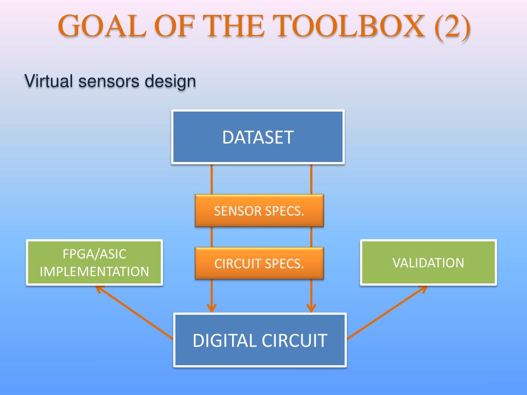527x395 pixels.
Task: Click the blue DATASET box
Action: point(258,137)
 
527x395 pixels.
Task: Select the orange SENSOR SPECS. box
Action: point(259,210)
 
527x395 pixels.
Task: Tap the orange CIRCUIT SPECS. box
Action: point(259,263)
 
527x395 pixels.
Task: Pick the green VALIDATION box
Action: point(428,262)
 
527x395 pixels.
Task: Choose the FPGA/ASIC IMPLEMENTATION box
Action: point(94,262)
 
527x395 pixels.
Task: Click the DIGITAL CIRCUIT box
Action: point(260,340)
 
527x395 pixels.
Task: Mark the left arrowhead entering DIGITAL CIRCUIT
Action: point(212,308)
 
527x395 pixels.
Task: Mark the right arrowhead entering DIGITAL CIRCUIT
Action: point(311,308)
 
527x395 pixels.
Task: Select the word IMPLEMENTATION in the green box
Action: point(94,271)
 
